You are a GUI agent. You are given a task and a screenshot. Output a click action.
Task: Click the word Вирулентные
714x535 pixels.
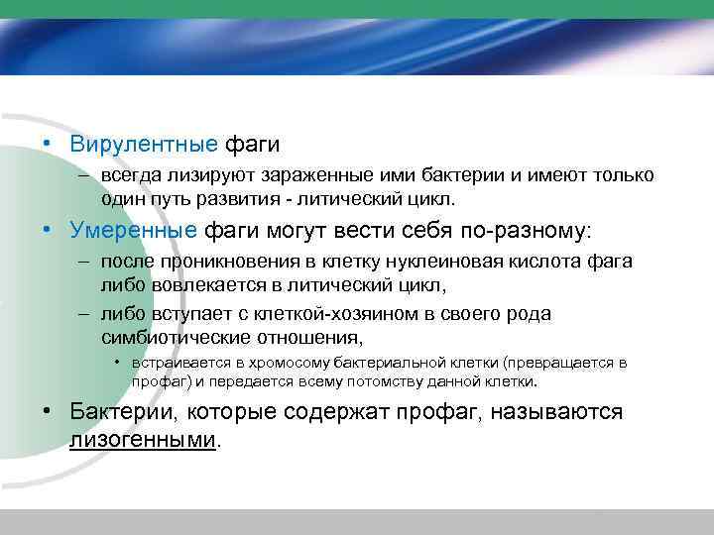tap(143, 144)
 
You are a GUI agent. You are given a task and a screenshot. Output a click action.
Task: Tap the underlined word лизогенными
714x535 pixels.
tap(143, 440)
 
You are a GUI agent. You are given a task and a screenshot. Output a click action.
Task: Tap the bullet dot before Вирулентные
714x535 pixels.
tap(47, 144)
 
